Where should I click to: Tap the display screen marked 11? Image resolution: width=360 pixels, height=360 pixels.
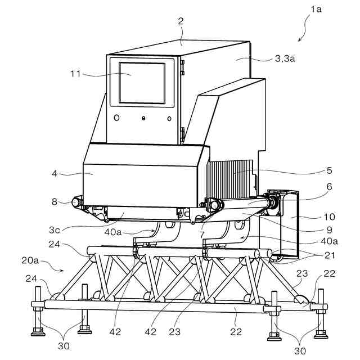(142, 83)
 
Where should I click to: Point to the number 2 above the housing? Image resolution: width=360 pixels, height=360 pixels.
(181, 22)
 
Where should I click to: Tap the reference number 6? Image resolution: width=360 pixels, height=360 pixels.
(330, 186)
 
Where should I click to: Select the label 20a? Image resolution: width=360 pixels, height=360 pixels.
(30, 262)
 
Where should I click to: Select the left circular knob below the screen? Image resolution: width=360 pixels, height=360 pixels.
(116, 118)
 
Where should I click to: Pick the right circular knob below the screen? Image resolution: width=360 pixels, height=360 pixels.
(169, 118)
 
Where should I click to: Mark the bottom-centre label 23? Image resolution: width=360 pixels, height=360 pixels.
(175, 332)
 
